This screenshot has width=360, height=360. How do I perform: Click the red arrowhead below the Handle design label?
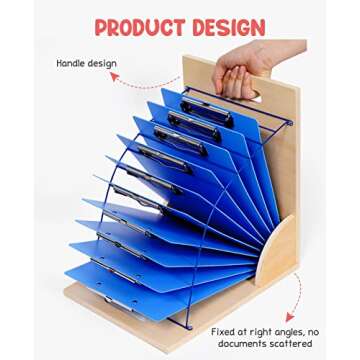pos(113,75)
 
